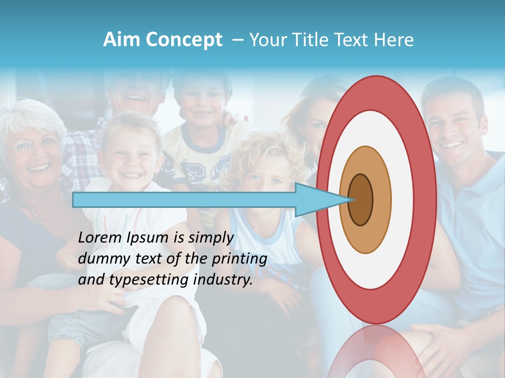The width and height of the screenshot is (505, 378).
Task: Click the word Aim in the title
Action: click(x=122, y=40)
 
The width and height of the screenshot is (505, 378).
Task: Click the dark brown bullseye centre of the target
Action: click(x=361, y=200)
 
